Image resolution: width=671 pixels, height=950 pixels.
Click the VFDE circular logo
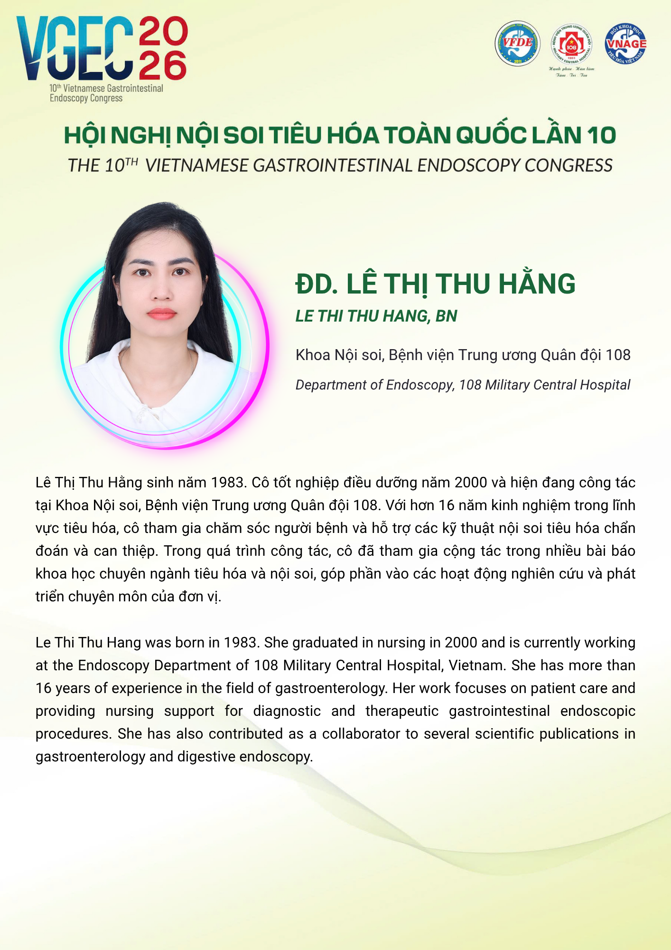[517, 43]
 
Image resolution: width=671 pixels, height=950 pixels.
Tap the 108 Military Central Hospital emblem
[571, 46]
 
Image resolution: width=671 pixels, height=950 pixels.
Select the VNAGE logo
[626, 44]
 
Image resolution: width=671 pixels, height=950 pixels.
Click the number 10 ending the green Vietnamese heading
[601, 136]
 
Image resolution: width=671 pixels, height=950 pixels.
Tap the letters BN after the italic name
[446, 316]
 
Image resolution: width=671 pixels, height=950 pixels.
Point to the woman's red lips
[162, 313]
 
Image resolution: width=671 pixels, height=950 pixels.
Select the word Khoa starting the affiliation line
[312, 355]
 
